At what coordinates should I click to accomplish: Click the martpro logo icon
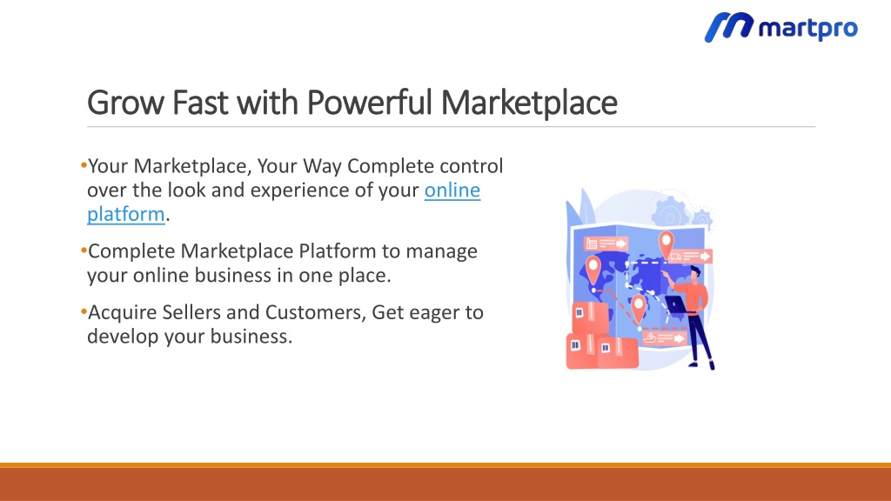pyautogui.click(x=728, y=27)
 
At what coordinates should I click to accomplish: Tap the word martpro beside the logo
pyautogui.click(x=808, y=28)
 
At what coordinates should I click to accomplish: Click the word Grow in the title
pyautogui.click(x=125, y=103)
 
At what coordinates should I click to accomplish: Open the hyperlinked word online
pyautogui.click(x=452, y=190)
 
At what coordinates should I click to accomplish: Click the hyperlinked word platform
pyautogui.click(x=125, y=215)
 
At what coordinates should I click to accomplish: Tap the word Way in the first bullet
pyautogui.click(x=322, y=166)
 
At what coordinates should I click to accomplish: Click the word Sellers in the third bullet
pyautogui.click(x=191, y=312)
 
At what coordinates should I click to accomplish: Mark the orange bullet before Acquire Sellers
pyautogui.click(x=84, y=311)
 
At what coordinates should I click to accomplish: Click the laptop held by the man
pyautogui.click(x=676, y=305)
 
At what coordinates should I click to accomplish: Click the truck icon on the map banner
pyautogui.click(x=675, y=257)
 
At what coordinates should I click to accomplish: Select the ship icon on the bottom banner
pyautogui.click(x=650, y=338)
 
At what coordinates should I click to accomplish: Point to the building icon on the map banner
pyautogui.click(x=591, y=244)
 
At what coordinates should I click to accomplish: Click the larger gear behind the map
pyautogui.click(x=671, y=212)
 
